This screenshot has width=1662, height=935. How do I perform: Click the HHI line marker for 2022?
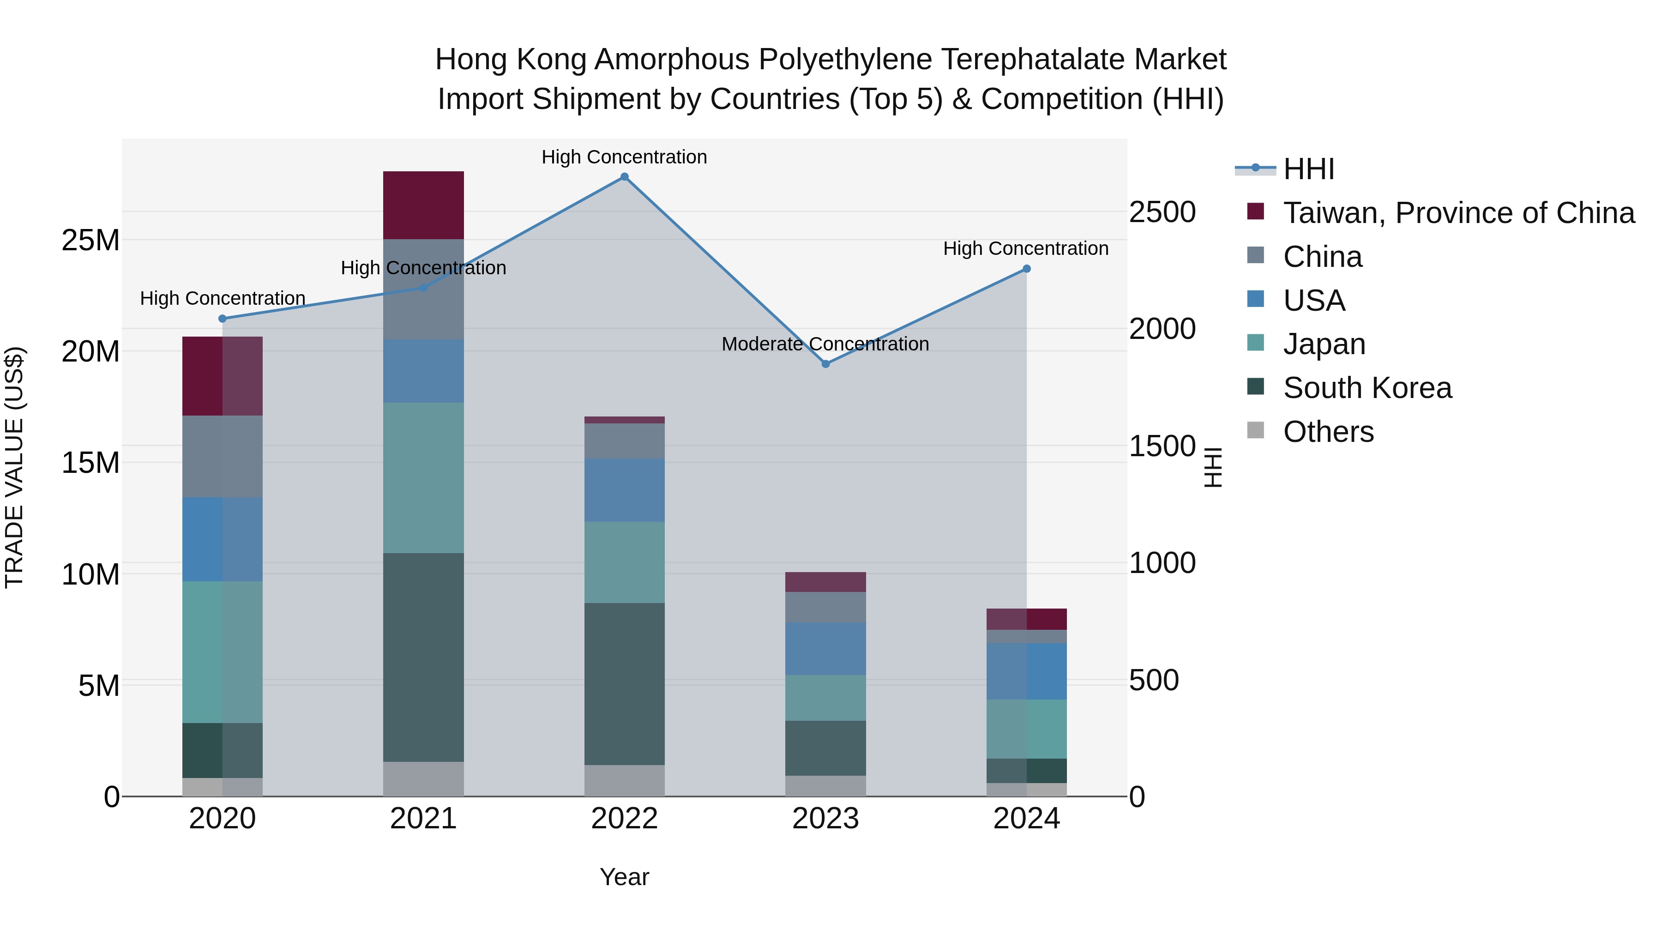(x=624, y=177)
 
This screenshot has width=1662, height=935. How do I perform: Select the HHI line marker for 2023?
(x=825, y=364)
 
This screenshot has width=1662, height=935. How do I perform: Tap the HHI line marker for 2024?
(x=1026, y=269)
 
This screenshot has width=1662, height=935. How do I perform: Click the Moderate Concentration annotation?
(x=825, y=344)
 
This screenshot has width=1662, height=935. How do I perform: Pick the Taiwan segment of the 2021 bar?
(x=423, y=205)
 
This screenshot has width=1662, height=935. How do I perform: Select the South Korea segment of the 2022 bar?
(x=624, y=684)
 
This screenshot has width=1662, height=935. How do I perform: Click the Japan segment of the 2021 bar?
(x=423, y=477)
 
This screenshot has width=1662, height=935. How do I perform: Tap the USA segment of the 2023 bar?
(x=825, y=649)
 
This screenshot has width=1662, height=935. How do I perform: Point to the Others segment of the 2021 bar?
(x=423, y=779)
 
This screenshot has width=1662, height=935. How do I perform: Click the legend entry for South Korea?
(x=1367, y=388)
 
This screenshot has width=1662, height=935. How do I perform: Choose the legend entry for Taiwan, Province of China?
(x=1458, y=213)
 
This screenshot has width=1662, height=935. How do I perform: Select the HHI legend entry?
(x=1308, y=169)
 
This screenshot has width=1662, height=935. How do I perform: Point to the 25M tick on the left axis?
(x=90, y=240)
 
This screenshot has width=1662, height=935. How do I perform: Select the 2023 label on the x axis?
(x=825, y=819)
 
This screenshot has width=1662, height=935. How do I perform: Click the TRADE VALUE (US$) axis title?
(x=14, y=467)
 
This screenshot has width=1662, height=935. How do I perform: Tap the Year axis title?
(x=624, y=877)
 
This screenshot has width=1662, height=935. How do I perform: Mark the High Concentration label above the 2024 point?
(x=1025, y=248)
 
